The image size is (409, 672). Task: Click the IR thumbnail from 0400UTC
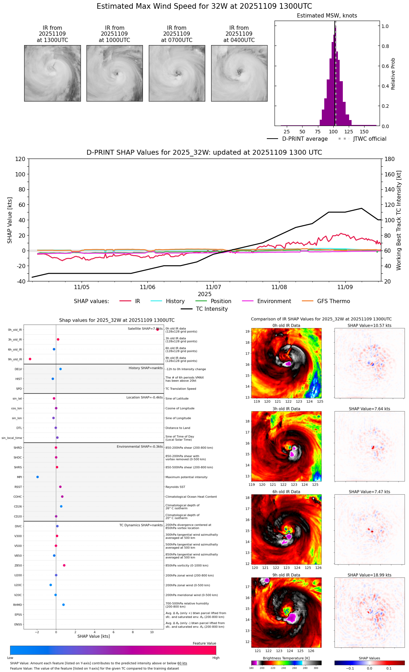pyautogui.click(x=239, y=73)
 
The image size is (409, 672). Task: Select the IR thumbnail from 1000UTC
pyautogui.click(x=115, y=73)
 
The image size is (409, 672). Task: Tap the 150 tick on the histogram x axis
pyautogui.click(x=364, y=132)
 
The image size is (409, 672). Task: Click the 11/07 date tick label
pyautogui.click(x=213, y=287)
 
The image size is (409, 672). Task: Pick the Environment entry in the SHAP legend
pyautogui.click(x=274, y=301)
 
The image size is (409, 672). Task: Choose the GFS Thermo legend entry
pyautogui.click(x=333, y=301)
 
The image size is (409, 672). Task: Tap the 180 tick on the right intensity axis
pyautogui.click(x=390, y=159)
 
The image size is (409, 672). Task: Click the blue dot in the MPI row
pyautogui.click(x=37, y=477)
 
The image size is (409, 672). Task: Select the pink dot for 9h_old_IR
pyautogui.click(x=30, y=359)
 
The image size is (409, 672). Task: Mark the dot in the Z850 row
pyautogui.click(x=64, y=565)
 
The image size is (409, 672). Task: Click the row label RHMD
pyautogui.click(x=18, y=605)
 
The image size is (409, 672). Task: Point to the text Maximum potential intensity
pyautogui.click(x=186, y=477)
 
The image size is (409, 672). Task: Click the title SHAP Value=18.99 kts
pyautogui.click(x=369, y=575)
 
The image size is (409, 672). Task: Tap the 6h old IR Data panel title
pyautogui.click(x=286, y=492)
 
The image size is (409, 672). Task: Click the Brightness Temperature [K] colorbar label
pyautogui.click(x=286, y=658)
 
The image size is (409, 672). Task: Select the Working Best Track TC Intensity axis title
pyautogui.click(x=399, y=220)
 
